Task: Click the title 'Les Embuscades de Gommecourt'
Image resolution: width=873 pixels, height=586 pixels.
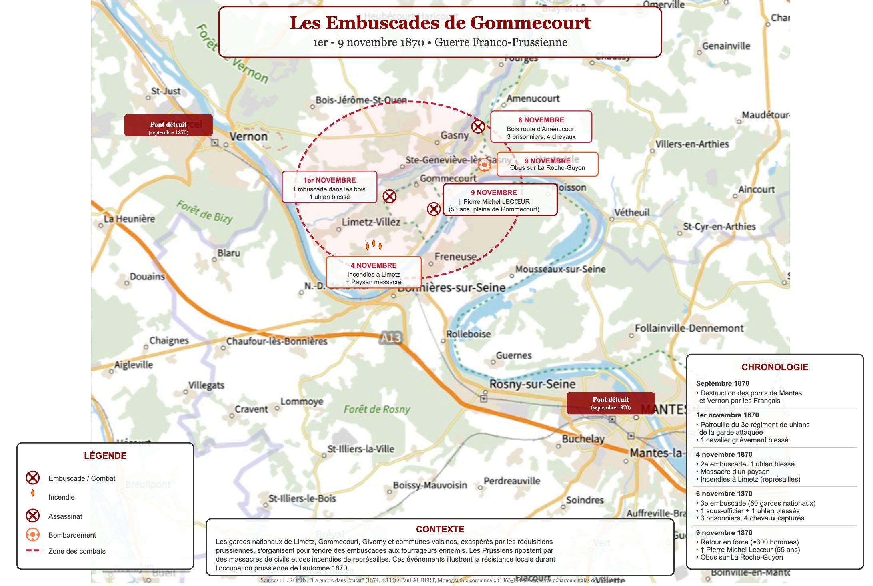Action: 440,23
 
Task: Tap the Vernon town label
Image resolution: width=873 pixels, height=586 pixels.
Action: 248,136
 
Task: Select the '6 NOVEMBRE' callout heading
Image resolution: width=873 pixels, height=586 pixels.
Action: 541,120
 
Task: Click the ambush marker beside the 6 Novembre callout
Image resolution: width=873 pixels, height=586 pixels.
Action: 478,127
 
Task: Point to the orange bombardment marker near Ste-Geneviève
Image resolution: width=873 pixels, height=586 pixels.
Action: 484,165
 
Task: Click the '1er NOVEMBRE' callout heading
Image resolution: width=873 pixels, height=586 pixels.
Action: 329,180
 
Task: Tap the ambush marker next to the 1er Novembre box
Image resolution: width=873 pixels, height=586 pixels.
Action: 389,196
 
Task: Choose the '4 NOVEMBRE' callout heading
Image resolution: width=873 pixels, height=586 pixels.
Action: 374,265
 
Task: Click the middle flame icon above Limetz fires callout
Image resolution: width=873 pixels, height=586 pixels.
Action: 374,243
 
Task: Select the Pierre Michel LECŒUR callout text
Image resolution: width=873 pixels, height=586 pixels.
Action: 494,202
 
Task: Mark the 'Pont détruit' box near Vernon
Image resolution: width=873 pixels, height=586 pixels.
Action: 168,125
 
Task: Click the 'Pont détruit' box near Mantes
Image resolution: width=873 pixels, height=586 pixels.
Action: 611,403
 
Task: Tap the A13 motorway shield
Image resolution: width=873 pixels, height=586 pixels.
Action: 391,338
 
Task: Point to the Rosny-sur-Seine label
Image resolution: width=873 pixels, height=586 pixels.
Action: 532,384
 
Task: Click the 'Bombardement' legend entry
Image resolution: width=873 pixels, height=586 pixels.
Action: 72,535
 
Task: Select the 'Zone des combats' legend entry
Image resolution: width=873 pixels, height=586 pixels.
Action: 77,551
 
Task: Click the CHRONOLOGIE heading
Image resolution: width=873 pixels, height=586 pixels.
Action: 775,367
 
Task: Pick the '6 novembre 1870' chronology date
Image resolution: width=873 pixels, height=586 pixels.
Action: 724,494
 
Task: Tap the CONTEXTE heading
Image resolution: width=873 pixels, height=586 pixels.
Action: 440,529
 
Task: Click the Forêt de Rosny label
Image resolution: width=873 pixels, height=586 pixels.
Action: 377,409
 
